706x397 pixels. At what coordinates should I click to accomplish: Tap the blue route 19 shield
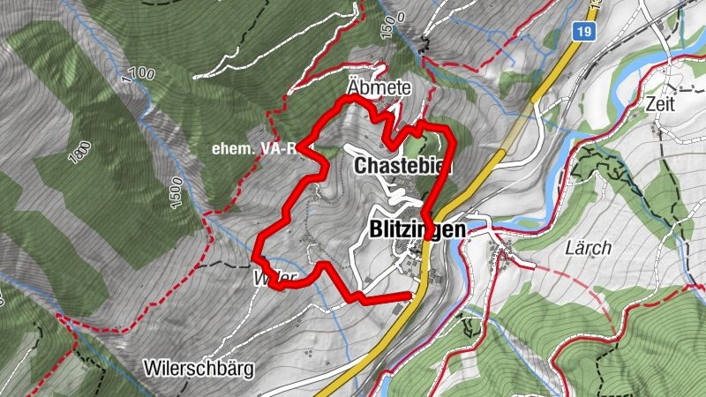[581, 33]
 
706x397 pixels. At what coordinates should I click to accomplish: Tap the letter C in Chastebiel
[360, 167]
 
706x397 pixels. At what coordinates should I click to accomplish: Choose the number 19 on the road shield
[581, 33]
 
